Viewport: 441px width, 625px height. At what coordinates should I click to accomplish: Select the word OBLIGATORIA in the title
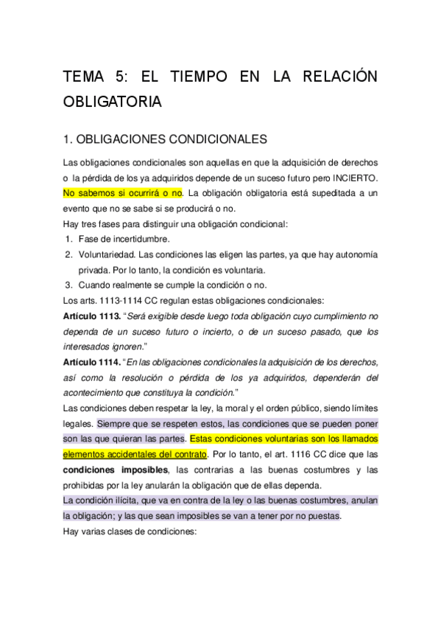[x=111, y=102]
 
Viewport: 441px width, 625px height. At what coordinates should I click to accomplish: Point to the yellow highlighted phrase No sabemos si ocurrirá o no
[x=122, y=194]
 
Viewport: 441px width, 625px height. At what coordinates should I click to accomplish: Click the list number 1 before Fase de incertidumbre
[x=68, y=239]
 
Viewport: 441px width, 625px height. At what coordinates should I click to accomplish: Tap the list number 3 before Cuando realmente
[x=68, y=285]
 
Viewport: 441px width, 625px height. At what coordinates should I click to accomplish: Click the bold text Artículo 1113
[x=91, y=315]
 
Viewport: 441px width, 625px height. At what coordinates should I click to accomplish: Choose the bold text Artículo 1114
[x=91, y=362]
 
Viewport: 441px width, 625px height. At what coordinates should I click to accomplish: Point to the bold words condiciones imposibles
[x=117, y=469]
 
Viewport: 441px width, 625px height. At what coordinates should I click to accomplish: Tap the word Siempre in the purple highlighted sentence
[x=113, y=424]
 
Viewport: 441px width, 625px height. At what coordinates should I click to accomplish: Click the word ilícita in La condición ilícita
[x=123, y=500]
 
